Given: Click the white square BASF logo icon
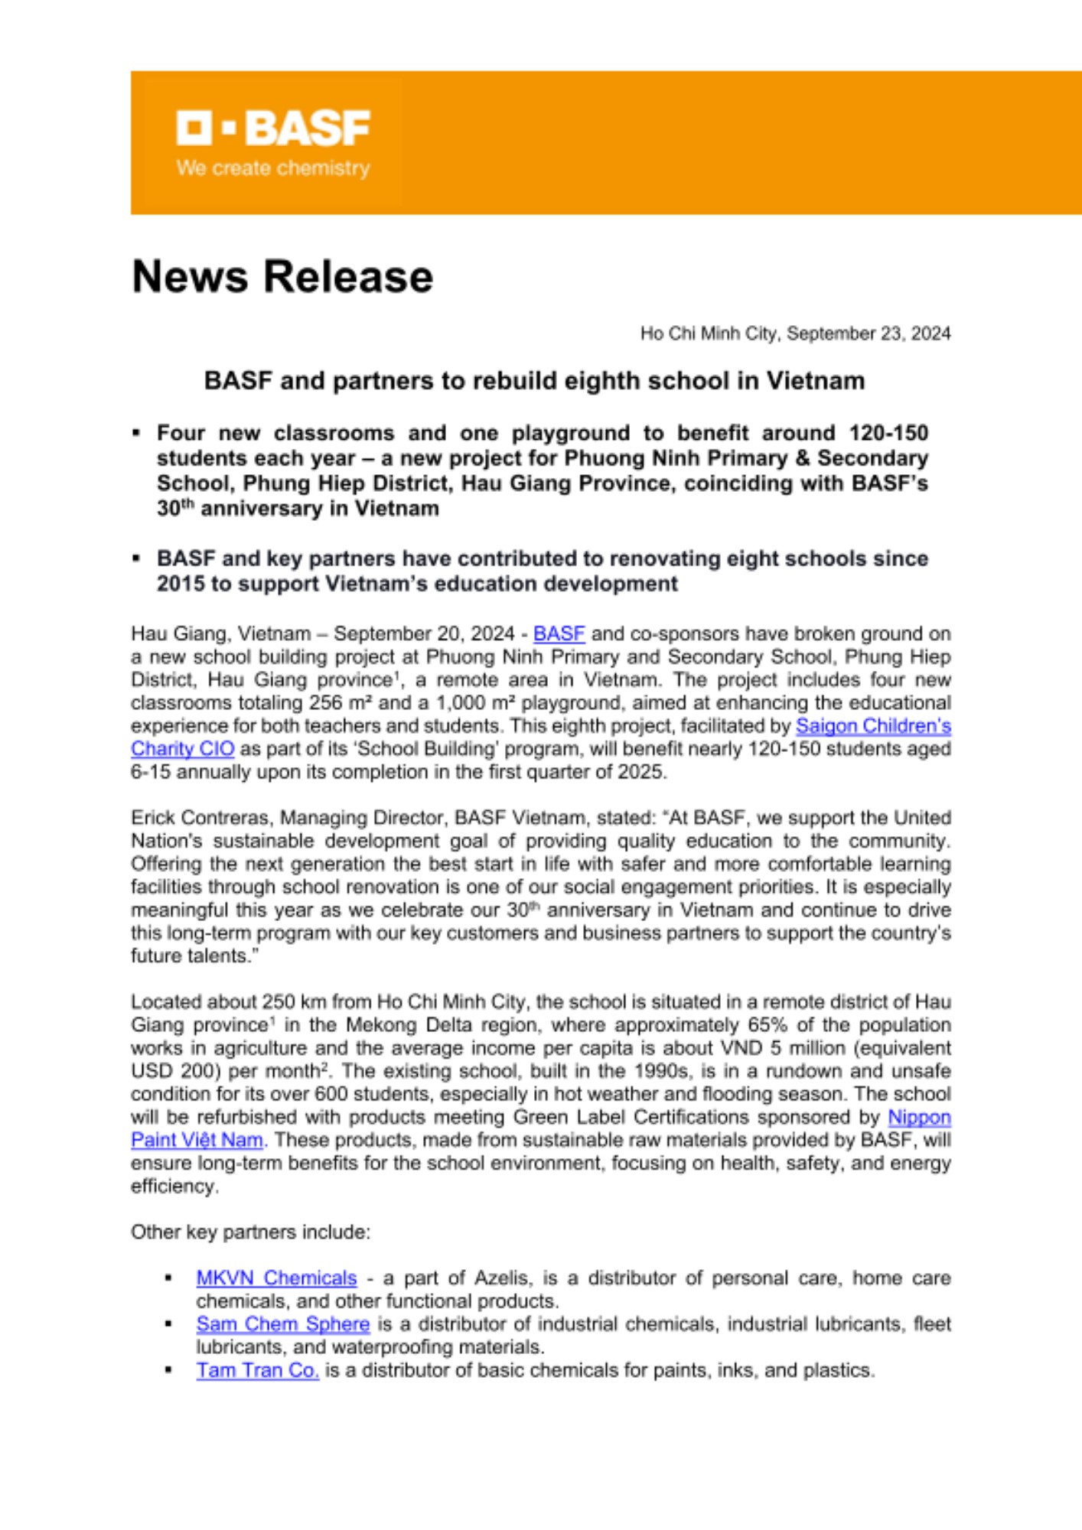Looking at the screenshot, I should (x=194, y=128).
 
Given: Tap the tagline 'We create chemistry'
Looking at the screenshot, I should (x=273, y=168).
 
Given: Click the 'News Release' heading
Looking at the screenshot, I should (x=282, y=276).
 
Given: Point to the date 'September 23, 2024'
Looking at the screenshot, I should (x=869, y=334).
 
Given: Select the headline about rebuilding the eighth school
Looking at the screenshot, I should (x=534, y=380).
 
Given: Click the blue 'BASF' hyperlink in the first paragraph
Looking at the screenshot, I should (x=559, y=633).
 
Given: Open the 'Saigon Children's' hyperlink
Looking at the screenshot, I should (x=873, y=725).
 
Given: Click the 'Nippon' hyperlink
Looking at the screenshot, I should (x=919, y=1117).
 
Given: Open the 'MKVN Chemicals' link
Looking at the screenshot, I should (x=276, y=1278).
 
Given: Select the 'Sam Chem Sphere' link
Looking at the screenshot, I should (x=282, y=1323).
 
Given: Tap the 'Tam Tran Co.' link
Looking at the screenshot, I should (x=257, y=1370).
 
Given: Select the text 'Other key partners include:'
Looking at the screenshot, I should (x=250, y=1232).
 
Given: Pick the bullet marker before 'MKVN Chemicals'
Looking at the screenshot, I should (x=168, y=1278).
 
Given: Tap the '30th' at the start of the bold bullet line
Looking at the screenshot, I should (x=174, y=508).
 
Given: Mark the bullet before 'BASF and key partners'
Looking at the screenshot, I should (x=136, y=558).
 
